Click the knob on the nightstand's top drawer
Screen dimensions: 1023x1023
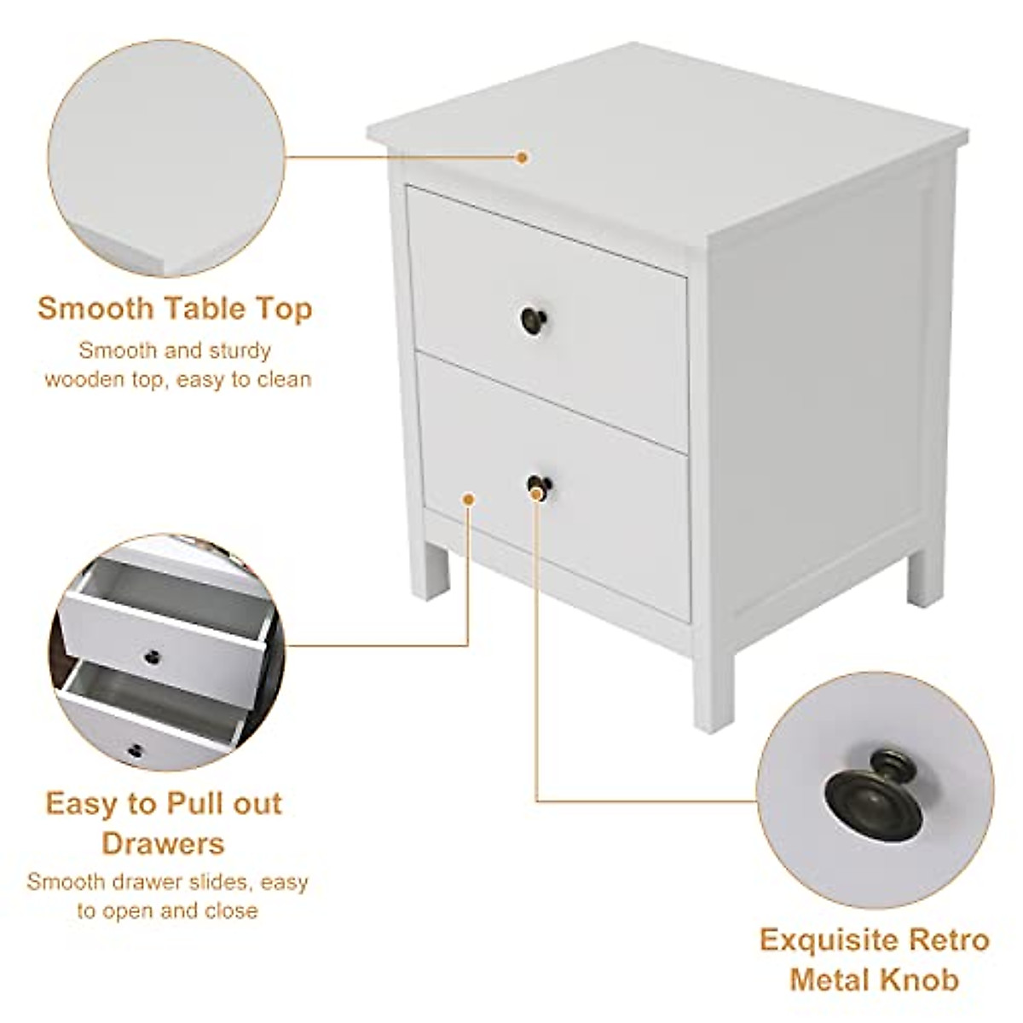point(534,320)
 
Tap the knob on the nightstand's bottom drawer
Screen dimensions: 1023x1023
point(539,488)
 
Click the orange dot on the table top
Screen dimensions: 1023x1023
point(523,157)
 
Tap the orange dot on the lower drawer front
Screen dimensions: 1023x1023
point(468,498)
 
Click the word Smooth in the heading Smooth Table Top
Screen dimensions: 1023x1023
point(93,309)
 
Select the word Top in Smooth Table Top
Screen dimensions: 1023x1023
point(285,309)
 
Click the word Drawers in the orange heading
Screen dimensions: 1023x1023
point(163,843)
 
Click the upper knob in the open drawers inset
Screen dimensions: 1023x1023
point(153,656)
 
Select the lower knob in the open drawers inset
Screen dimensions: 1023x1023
point(136,750)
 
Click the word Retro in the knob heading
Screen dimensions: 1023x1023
point(945,940)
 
